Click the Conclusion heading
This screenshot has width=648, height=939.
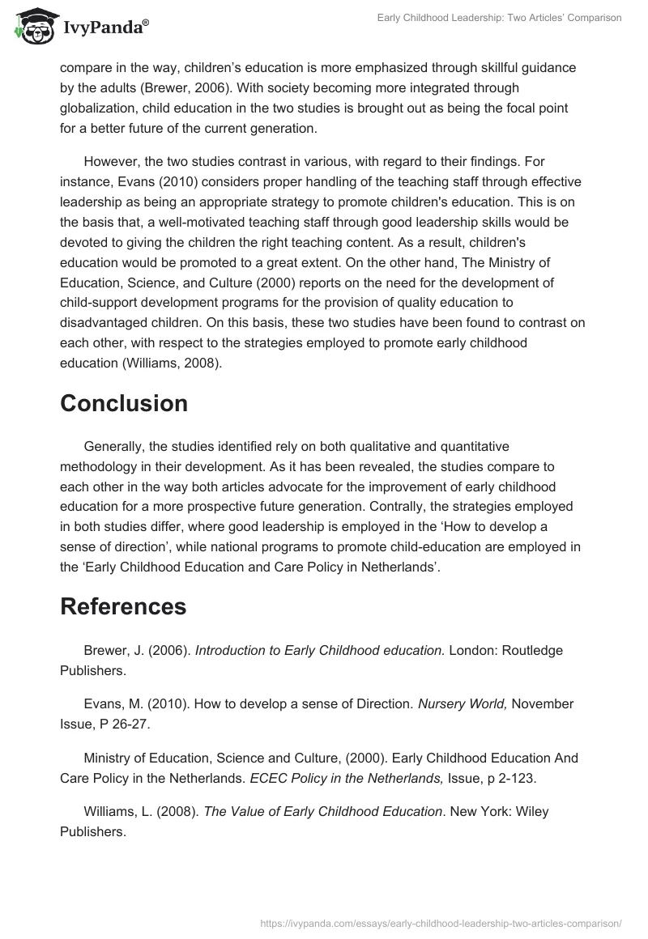pos(124,403)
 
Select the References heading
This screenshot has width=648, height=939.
pos(123,606)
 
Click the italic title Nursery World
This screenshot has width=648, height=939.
pos(463,704)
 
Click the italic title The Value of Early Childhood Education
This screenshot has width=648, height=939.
pos(322,812)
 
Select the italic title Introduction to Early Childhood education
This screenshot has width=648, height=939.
pos(320,650)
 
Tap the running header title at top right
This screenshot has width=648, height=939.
pos(500,18)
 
